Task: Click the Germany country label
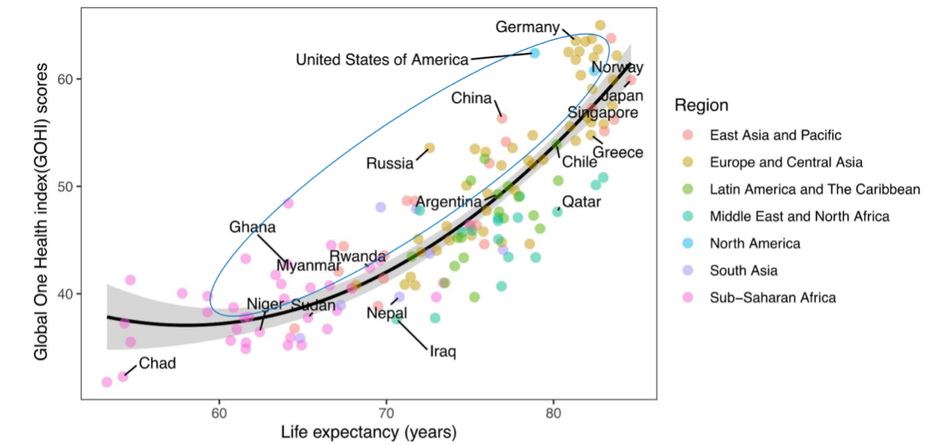coord(527,28)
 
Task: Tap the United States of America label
coord(383,60)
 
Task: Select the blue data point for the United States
coord(534,53)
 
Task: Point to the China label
coord(471,98)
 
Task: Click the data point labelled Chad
coord(123,377)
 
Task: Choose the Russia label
coord(389,163)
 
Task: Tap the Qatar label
coord(581,201)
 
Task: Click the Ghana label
coord(252,227)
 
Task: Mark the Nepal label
coord(387,313)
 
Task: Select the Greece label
coord(617,153)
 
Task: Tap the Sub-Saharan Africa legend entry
coord(773,298)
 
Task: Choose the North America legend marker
coord(687,243)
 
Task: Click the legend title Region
coord(701,106)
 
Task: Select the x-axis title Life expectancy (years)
coord(368,432)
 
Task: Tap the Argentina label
coord(449,202)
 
